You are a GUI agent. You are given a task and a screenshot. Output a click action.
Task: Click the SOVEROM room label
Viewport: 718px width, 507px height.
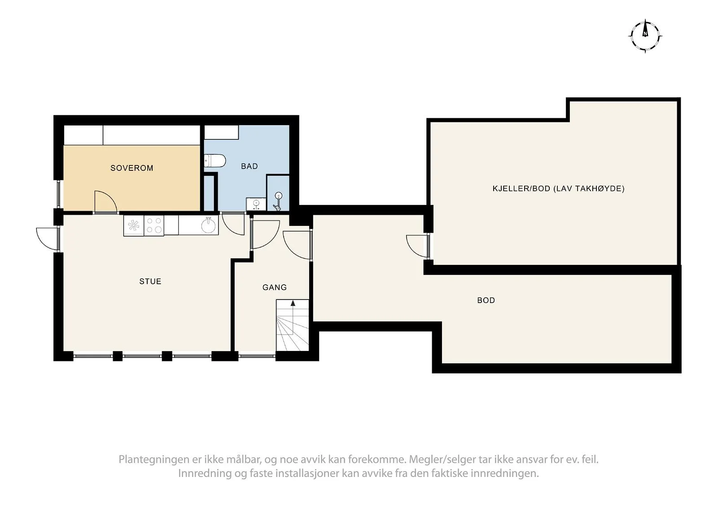[x=132, y=168]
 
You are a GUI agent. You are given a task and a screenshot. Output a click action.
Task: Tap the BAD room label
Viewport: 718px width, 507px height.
[x=250, y=166]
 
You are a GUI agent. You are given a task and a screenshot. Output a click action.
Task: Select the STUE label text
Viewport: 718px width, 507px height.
[x=150, y=282]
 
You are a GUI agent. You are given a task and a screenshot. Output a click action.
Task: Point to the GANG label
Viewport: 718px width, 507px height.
[x=274, y=288]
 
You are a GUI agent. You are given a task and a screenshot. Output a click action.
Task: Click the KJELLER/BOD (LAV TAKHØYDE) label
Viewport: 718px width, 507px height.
[x=559, y=189]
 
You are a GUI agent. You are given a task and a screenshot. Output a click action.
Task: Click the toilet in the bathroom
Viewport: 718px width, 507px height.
[x=215, y=161]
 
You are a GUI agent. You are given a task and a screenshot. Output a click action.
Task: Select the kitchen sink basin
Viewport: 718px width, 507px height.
[x=209, y=225]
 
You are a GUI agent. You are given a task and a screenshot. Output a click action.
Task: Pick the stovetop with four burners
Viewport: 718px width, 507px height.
[x=154, y=225]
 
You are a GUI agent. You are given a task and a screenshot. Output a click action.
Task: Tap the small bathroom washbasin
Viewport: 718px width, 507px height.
[x=256, y=204]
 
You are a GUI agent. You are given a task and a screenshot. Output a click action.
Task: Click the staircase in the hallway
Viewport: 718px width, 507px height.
[x=292, y=325]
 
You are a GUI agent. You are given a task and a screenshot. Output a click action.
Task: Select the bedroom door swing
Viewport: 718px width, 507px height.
[x=105, y=201]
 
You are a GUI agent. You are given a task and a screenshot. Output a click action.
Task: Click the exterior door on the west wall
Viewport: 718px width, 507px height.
[x=48, y=239]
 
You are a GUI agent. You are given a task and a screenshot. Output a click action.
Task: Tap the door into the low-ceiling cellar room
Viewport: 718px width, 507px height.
[x=418, y=246]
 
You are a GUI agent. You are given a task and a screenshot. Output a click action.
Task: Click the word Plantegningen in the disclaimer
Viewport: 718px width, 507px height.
[x=153, y=460]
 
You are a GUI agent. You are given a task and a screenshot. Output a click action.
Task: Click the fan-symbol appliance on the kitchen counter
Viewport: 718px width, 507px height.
[x=134, y=225]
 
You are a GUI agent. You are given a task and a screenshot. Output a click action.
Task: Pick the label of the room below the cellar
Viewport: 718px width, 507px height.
[x=486, y=300]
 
